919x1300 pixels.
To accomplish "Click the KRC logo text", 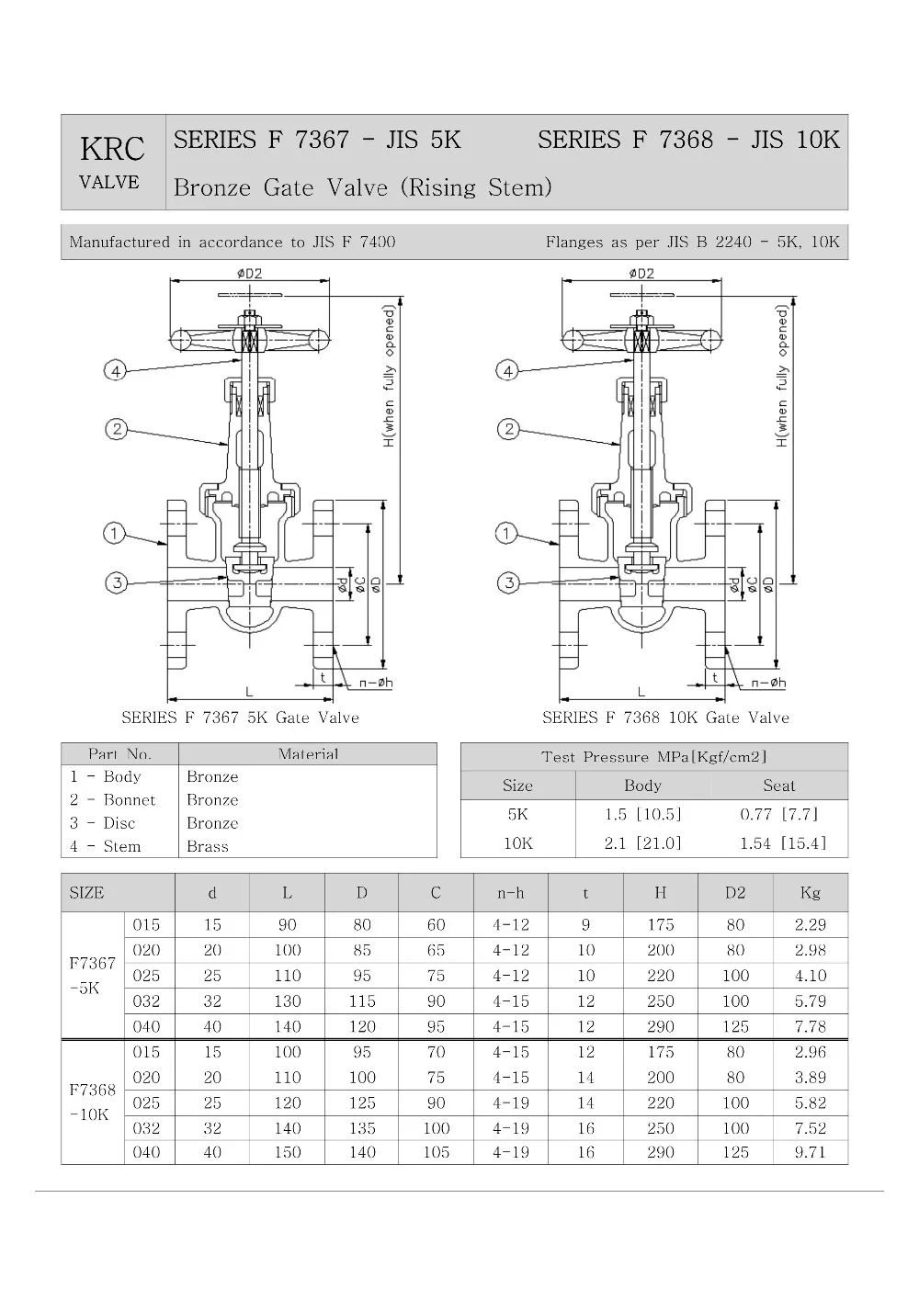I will [x=112, y=149].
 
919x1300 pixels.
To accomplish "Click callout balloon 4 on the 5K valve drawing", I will [x=114, y=371].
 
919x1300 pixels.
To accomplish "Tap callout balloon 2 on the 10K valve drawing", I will [x=507, y=429].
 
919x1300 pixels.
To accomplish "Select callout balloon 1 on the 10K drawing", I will [x=506, y=534].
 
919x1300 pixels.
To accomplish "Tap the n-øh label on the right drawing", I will [x=767, y=683].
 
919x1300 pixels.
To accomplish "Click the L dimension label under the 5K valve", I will [x=249, y=691].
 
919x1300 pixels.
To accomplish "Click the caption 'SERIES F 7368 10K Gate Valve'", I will [x=665, y=718].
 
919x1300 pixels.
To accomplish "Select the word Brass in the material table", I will [x=208, y=846].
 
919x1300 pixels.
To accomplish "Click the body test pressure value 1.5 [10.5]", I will [x=642, y=814].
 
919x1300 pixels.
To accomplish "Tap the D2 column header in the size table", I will [x=735, y=892].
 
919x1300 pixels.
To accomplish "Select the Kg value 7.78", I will [x=810, y=1026].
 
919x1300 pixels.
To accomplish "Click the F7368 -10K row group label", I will [x=92, y=1102].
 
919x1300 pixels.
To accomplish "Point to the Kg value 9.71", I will [x=810, y=1152].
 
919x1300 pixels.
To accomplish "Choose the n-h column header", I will [x=510, y=892].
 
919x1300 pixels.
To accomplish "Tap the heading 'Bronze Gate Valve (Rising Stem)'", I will [x=363, y=187].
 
